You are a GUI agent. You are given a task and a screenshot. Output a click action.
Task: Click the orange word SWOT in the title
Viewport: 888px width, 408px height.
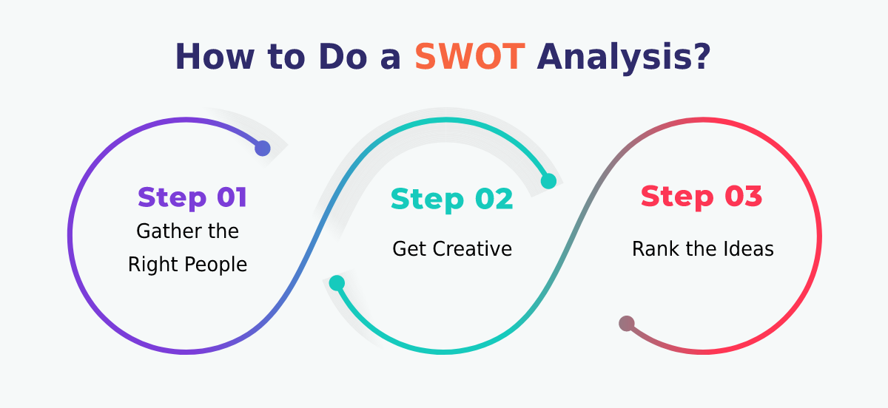470,57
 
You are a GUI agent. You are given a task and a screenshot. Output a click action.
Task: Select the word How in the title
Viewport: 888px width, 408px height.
215,57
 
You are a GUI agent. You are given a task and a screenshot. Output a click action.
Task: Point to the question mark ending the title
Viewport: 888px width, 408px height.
703,57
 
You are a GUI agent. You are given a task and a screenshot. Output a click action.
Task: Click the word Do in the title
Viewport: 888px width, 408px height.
343,57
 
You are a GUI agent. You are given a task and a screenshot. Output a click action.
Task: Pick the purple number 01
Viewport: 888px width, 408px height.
232,197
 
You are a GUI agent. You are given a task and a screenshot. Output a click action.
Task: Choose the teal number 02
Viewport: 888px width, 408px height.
494,198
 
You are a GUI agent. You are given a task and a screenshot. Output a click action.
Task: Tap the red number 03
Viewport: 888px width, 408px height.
743,196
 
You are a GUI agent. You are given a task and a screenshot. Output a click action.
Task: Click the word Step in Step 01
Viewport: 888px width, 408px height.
172,198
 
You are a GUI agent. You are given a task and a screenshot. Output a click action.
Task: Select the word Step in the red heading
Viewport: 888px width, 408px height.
677,197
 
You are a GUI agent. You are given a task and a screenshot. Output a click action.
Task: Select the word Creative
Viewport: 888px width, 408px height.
472,249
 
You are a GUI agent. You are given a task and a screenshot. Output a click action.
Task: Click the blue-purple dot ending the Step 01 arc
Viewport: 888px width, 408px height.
263,148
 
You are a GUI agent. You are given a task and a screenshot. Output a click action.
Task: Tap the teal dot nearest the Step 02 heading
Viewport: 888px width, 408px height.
548,181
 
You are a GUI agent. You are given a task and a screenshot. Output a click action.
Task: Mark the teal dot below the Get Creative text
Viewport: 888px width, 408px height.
337,283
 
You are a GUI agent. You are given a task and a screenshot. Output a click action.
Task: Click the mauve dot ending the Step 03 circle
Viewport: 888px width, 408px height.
627,324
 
